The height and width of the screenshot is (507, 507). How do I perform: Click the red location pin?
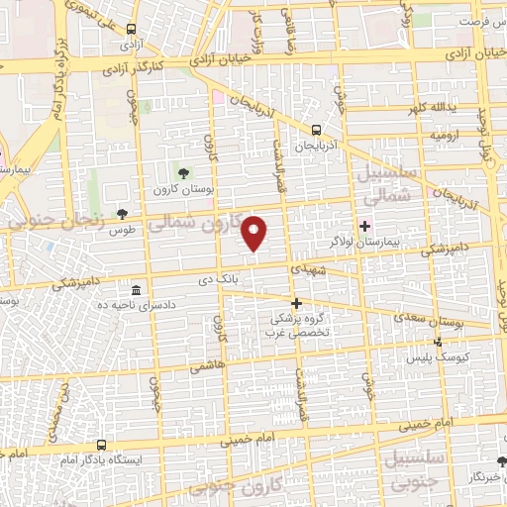(255, 233)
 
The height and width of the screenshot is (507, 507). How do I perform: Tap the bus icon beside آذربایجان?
(316, 129)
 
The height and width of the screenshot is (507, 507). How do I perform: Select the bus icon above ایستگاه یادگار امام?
(102, 445)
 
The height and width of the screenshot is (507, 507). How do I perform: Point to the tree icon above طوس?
(122, 214)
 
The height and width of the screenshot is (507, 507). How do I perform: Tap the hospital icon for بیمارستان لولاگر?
(364, 226)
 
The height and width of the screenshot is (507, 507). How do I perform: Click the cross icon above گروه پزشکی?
(295, 303)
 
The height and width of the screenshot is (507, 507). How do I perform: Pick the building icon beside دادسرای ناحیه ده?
(136, 290)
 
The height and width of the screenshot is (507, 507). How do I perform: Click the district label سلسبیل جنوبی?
(396, 472)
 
